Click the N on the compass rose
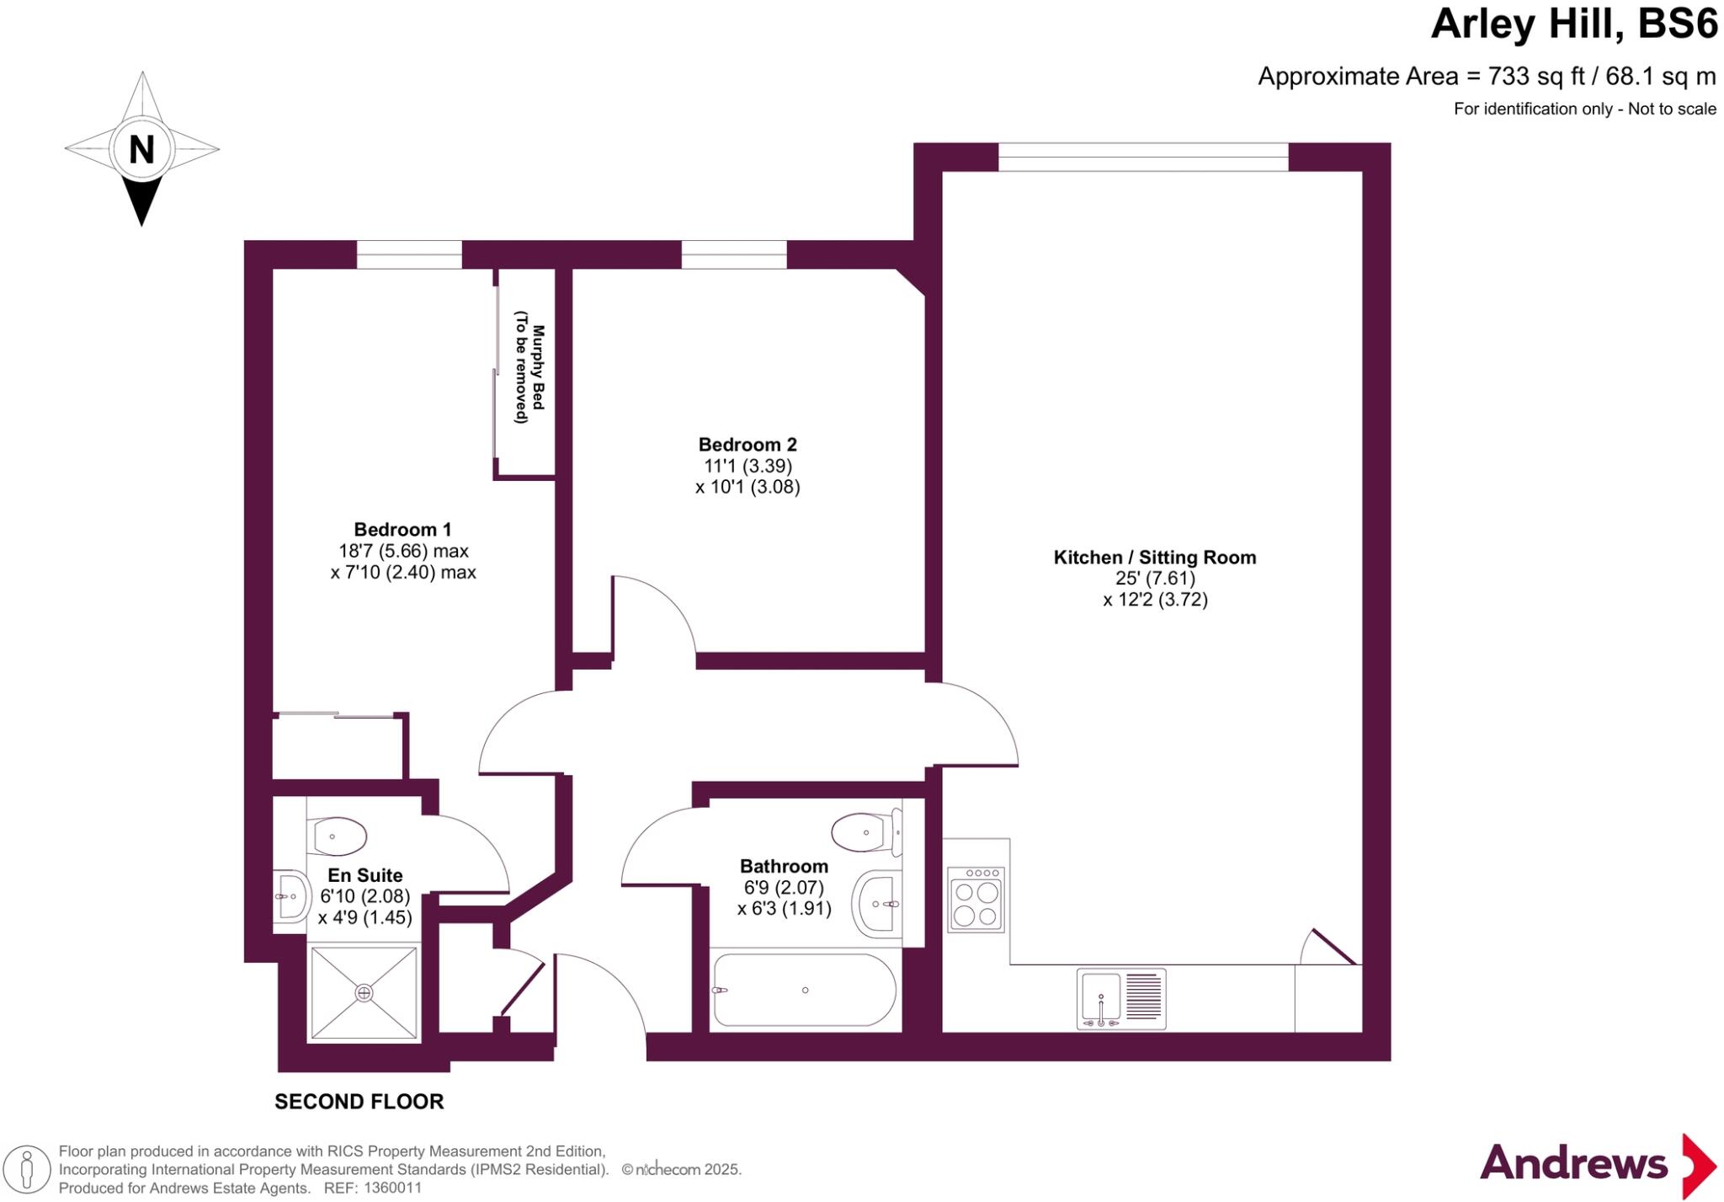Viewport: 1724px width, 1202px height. (x=141, y=150)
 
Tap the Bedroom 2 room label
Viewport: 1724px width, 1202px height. (x=747, y=445)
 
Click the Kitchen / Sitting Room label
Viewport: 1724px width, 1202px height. (x=1154, y=558)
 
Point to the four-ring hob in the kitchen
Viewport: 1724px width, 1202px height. (x=976, y=900)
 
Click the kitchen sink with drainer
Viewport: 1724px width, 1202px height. (x=1120, y=999)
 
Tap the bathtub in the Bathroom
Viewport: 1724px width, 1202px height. (x=804, y=991)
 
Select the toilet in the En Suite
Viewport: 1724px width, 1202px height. (x=338, y=836)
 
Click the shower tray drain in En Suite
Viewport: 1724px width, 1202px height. (x=364, y=993)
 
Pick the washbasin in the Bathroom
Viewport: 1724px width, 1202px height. (x=877, y=904)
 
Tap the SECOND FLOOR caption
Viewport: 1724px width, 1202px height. (x=359, y=1102)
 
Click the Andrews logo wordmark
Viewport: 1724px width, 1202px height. (x=1572, y=1164)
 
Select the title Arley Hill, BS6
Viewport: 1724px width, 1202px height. (x=1573, y=24)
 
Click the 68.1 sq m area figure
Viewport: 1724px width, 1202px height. (x=1660, y=77)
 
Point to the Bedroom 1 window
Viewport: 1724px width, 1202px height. (x=409, y=254)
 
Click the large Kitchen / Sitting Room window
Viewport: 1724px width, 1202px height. (x=1142, y=157)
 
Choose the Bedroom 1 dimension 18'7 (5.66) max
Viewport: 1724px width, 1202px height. (x=403, y=551)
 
